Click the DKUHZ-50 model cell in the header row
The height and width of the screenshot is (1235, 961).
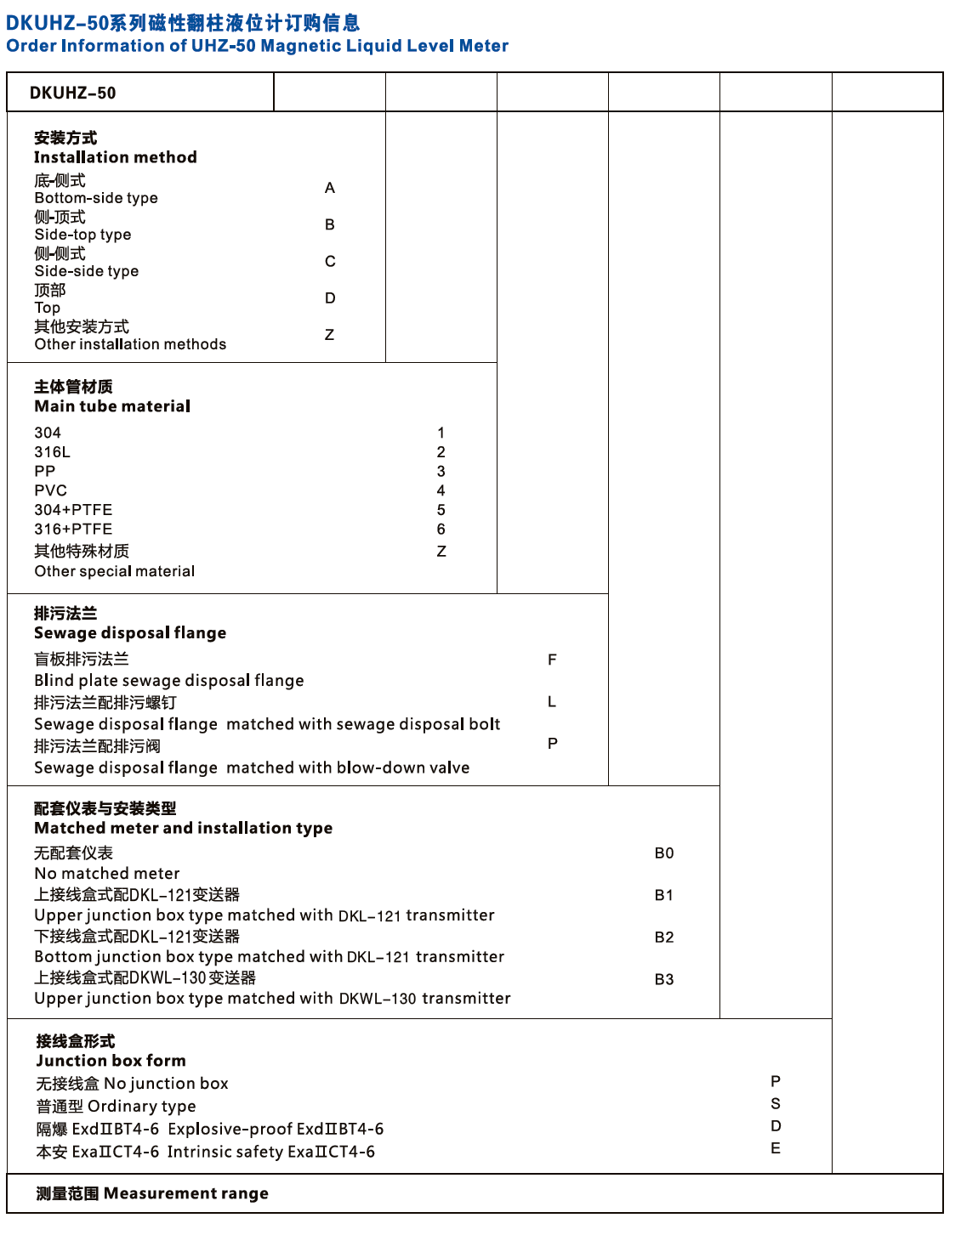(73, 93)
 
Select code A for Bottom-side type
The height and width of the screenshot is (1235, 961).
(330, 188)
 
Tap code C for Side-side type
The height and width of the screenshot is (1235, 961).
(330, 261)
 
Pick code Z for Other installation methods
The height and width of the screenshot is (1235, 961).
(330, 335)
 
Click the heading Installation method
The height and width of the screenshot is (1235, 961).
(116, 157)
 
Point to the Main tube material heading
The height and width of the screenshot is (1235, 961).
(112, 406)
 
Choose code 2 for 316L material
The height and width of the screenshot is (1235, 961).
(441, 452)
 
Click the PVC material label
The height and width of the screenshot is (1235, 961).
(50, 490)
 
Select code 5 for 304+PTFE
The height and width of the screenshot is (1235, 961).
(441, 510)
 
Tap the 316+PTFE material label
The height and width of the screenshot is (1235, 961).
(73, 529)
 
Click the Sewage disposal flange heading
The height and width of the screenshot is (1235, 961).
(130, 633)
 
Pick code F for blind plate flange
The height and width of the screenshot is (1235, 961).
(552, 660)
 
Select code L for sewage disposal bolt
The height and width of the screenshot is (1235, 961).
(552, 702)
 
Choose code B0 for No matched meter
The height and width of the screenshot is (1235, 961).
(664, 853)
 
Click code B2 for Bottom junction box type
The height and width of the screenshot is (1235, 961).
(664, 938)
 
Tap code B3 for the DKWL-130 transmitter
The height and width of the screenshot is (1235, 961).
(664, 979)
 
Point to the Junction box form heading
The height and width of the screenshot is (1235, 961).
(111, 1061)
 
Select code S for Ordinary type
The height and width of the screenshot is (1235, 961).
(776, 1104)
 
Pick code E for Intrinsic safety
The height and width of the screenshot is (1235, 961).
(776, 1148)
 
